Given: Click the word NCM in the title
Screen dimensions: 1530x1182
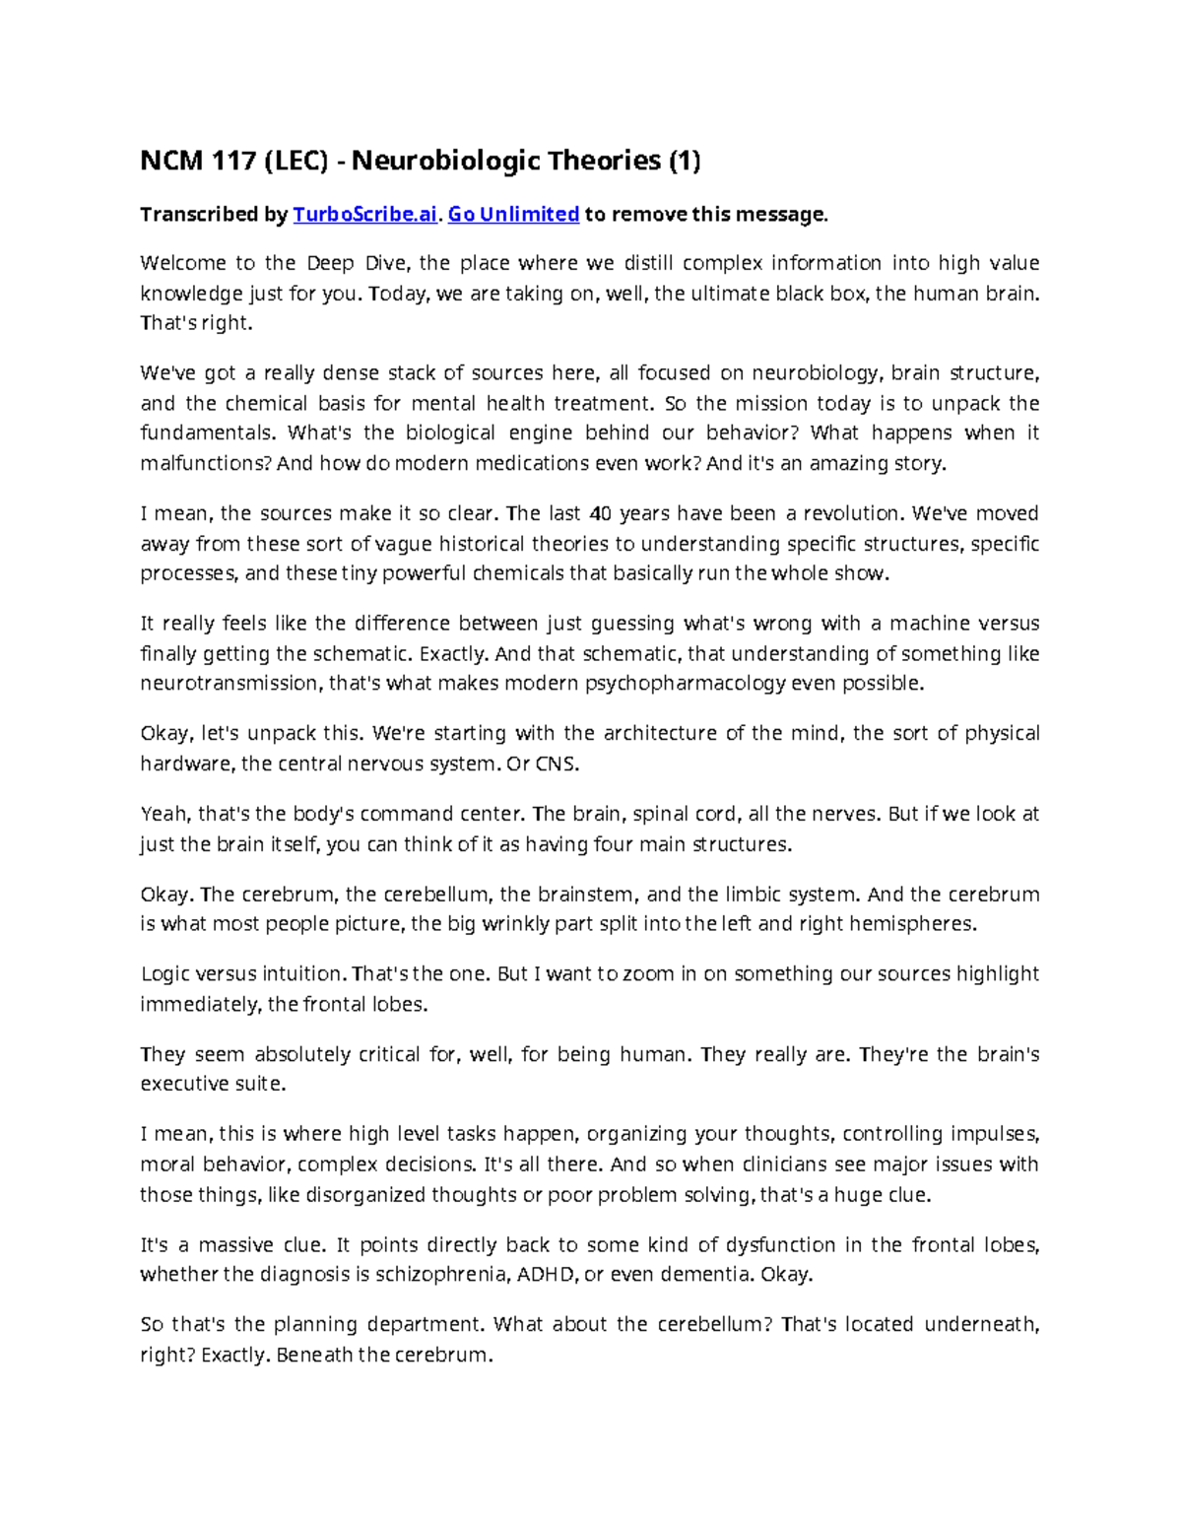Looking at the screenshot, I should click(x=168, y=161).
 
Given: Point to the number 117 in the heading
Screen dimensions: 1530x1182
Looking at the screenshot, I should click(x=228, y=161).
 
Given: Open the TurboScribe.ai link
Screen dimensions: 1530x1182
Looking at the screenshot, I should click(x=364, y=215).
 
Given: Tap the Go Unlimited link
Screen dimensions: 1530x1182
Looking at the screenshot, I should click(x=513, y=215).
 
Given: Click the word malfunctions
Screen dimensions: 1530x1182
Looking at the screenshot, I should click(x=206, y=463).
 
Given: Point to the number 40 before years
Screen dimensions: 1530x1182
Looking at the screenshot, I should click(x=599, y=513).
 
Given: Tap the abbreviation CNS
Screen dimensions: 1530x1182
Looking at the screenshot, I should click(x=558, y=764).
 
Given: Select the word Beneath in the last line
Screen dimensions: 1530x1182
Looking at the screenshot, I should click(x=314, y=1355).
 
